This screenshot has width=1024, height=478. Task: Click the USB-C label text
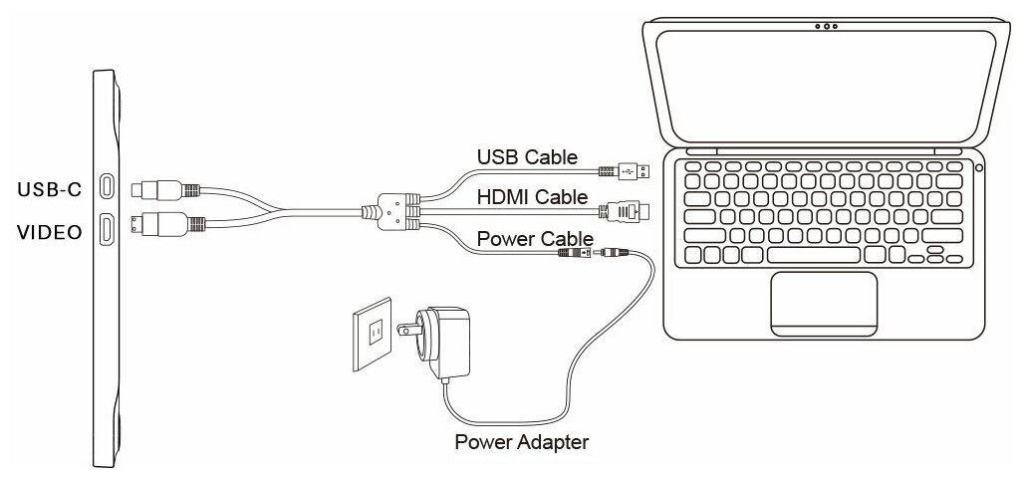point(49,187)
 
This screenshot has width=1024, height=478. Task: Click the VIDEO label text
point(49,233)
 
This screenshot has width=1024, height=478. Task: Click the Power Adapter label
point(521,441)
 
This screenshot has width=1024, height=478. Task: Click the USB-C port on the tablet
point(107,187)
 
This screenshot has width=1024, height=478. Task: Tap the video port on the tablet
point(107,231)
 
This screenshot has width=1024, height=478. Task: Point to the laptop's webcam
point(825,27)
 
